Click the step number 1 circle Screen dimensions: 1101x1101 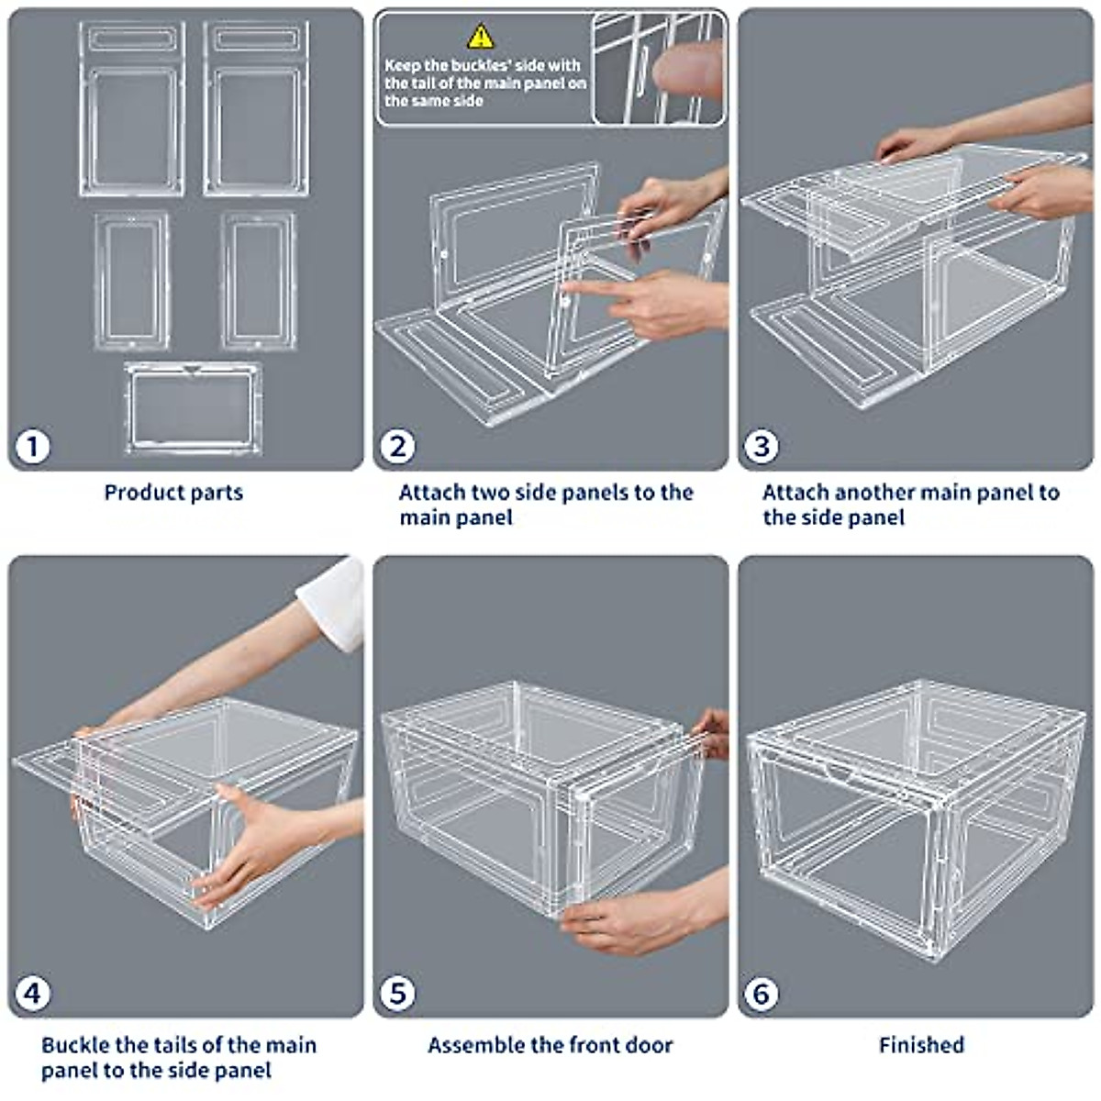33,447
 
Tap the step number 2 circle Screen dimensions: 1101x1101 397,447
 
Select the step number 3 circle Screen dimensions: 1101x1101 761,447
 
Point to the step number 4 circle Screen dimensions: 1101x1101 33,993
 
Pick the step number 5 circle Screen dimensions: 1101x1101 397,993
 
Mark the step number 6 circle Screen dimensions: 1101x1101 761,993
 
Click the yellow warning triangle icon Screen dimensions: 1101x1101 481,37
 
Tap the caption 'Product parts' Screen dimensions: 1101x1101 173,493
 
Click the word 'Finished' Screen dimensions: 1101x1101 921,1045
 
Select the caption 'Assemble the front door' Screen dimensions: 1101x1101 550,1045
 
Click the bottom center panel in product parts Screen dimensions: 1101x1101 193,407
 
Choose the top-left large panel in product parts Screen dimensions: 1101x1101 132,110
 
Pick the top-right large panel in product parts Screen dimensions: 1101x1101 256,110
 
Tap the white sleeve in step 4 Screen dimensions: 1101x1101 335,601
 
